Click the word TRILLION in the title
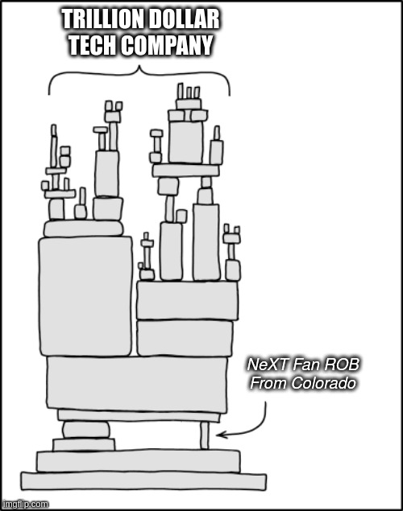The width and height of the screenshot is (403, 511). tap(98, 19)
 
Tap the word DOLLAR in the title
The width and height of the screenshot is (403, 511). tap(180, 19)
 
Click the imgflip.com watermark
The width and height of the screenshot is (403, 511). tap(25, 505)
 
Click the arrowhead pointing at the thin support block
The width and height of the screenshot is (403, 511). tap(220, 435)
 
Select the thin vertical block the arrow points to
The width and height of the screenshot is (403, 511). tap(204, 435)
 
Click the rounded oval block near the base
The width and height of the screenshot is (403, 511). tap(85, 430)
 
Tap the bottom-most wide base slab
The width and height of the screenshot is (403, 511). tap(143, 480)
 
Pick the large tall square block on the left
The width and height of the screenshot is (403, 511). tap(85, 296)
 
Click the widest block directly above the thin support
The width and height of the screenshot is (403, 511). tap(137, 385)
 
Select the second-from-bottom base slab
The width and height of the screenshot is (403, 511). tap(139, 461)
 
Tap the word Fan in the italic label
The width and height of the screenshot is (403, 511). tap(305, 365)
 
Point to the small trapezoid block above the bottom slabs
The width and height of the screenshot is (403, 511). tap(84, 444)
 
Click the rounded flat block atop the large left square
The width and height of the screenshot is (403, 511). tap(84, 228)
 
